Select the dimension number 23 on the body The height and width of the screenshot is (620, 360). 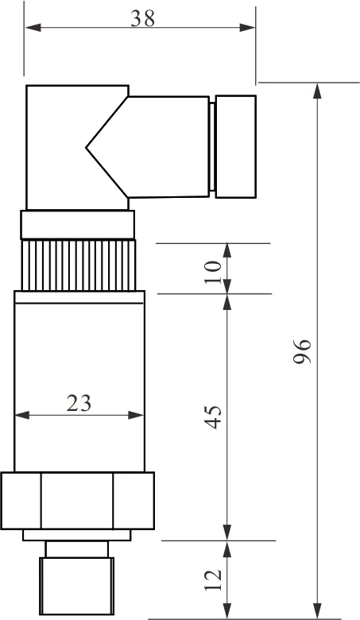tap(79, 403)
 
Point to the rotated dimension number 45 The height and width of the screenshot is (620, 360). tap(213, 417)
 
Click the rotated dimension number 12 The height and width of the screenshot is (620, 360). tap(213, 579)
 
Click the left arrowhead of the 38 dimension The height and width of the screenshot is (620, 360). tap(32, 28)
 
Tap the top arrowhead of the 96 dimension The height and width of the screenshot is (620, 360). tap(318, 90)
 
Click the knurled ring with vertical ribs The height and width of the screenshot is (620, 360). tap(78, 265)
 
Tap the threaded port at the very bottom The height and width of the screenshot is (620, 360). tap(78, 587)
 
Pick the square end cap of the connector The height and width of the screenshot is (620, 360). tap(236, 147)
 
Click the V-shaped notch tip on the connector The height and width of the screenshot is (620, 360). tap(88, 147)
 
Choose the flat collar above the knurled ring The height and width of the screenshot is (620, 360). tap(78, 225)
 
